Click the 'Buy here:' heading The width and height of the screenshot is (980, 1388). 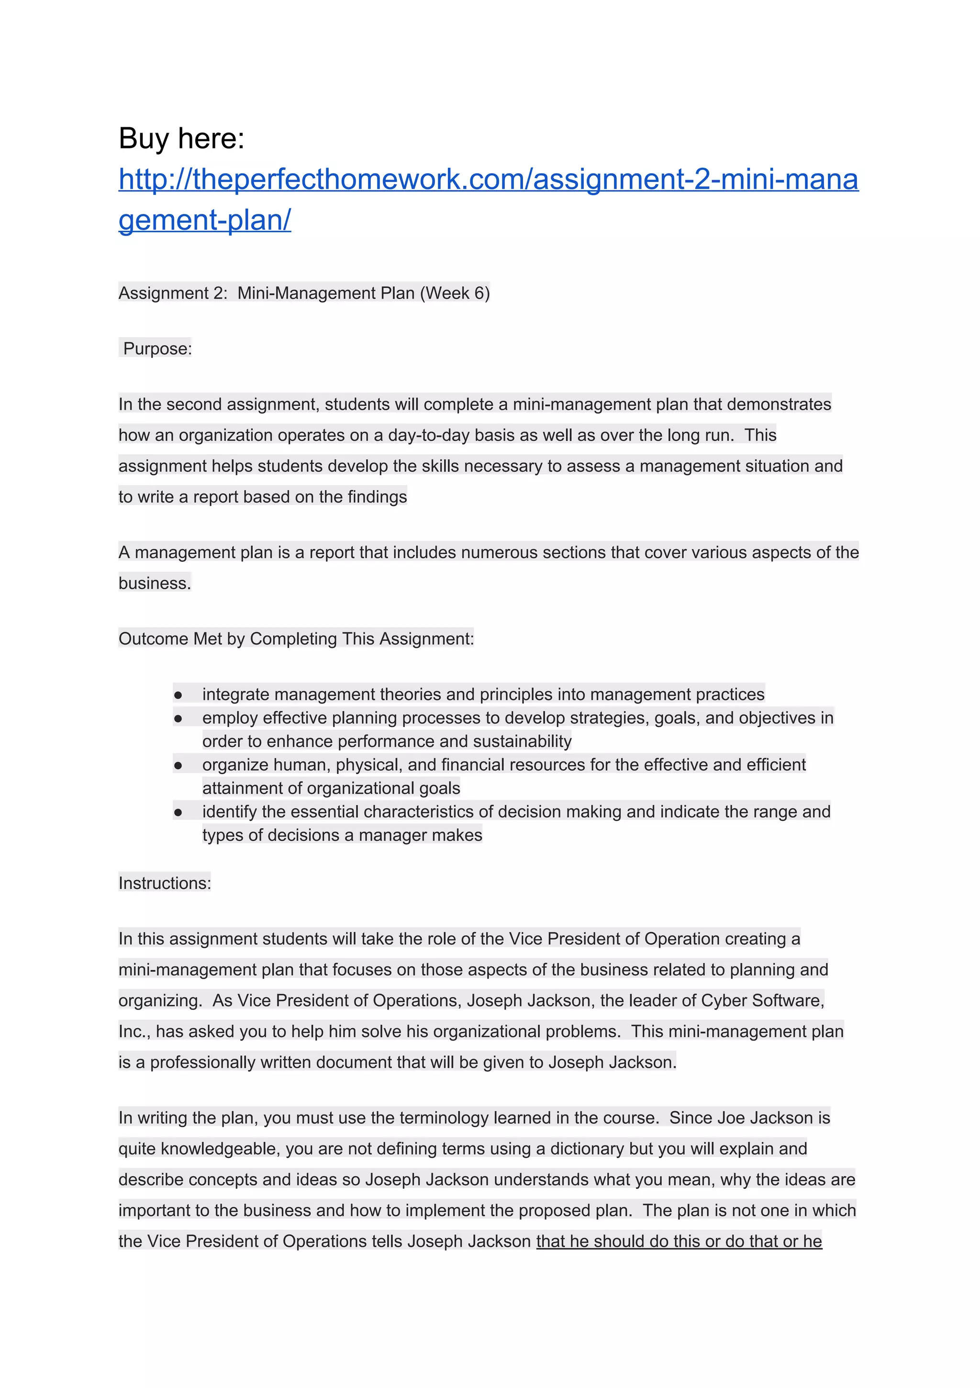181,138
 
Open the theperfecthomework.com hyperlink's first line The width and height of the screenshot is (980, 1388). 488,179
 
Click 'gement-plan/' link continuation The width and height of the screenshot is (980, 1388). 204,220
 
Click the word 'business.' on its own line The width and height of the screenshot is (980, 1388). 154,583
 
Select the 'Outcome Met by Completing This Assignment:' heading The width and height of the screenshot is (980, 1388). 296,639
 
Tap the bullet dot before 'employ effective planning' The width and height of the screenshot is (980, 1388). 178,719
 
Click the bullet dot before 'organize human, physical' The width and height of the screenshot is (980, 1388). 178,765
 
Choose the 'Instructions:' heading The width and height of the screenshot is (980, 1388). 165,883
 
